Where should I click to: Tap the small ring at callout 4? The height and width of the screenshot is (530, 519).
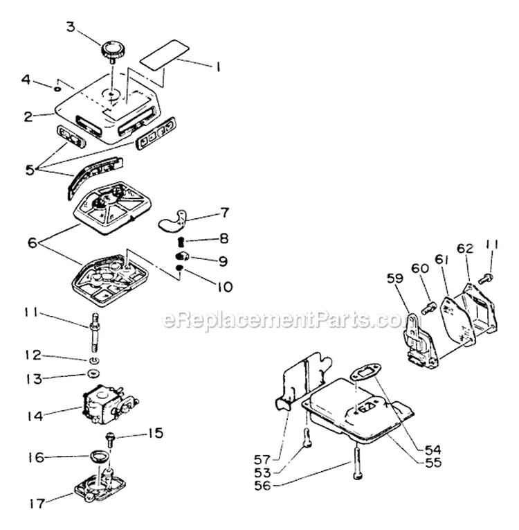point(59,87)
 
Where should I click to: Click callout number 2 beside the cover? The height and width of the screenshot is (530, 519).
point(28,116)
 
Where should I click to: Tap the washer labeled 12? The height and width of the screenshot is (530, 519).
point(93,361)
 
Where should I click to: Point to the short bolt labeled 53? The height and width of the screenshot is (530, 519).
point(307,437)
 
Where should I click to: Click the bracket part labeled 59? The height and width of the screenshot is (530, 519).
point(412,339)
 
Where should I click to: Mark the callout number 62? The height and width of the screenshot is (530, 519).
point(464,248)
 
